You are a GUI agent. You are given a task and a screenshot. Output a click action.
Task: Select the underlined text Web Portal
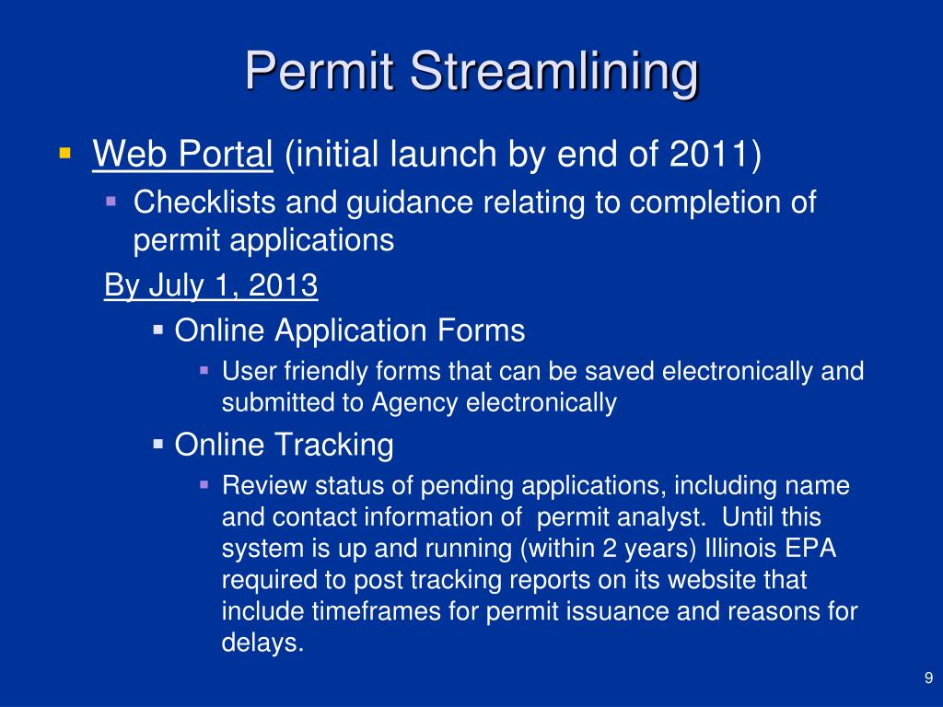[182, 155]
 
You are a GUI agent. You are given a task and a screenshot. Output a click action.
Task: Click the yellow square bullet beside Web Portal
[64, 151]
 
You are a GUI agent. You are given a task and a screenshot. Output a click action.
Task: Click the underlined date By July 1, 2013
[211, 285]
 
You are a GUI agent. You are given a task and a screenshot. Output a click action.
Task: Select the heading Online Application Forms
[350, 330]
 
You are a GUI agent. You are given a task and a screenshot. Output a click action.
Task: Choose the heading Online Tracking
[284, 446]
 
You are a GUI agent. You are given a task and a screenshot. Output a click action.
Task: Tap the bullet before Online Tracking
[157, 444]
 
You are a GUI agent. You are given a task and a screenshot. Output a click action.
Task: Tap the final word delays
[262, 643]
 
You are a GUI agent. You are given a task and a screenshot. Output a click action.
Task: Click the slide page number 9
[927, 679]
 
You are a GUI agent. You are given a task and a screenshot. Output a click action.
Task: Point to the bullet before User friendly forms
[204, 370]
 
